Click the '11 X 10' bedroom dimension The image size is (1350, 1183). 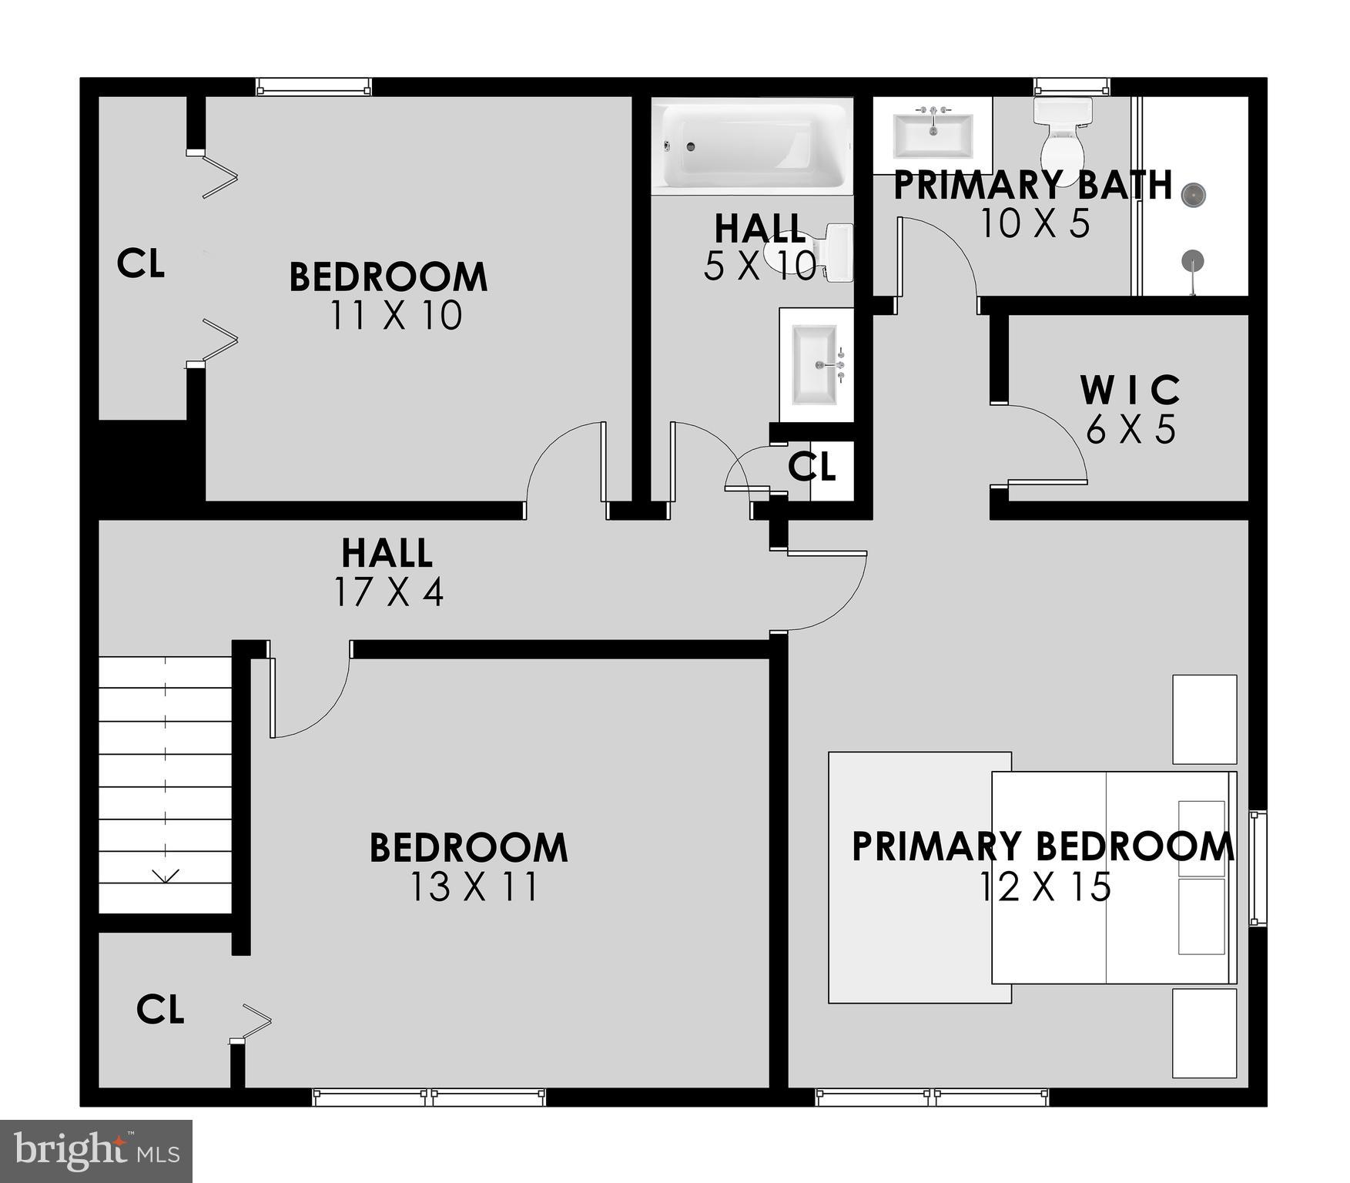coord(396,315)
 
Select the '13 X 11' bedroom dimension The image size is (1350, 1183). coord(474,886)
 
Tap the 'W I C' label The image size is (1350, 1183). coord(1130,390)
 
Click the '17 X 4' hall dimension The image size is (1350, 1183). coord(388,591)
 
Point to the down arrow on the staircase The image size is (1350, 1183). coord(166,876)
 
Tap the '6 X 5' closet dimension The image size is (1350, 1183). coord(1131,429)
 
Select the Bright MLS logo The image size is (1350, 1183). coord(96,1151)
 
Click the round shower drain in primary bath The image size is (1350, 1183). coord(1192,195)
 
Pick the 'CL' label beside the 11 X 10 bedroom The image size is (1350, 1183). coord(140,263)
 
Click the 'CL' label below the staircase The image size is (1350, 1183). coord(160,1009)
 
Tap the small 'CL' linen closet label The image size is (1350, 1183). coord(812,466)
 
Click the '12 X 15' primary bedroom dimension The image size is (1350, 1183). coord(1044,886)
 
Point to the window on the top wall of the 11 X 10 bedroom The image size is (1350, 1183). coord(313,87)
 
